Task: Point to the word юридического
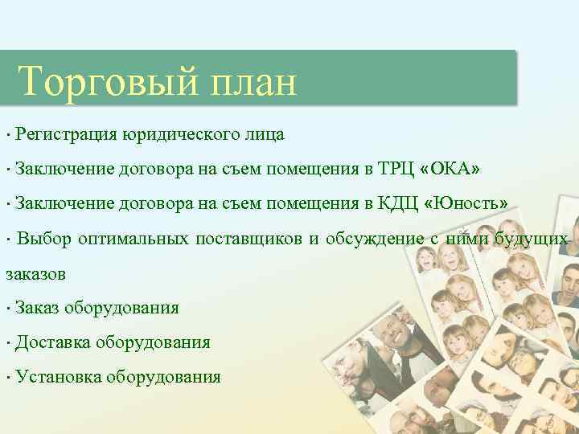point(183,134)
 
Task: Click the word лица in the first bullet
point(266,134)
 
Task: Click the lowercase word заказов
point(36,274)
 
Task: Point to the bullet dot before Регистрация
point(6,134)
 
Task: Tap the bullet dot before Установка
point(6,378)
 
